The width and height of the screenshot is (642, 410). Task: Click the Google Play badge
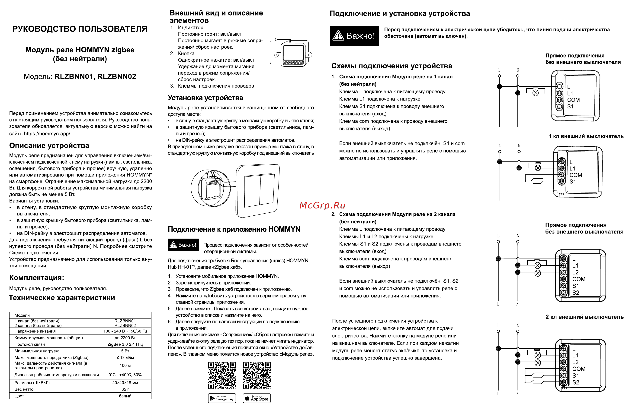point(222,398)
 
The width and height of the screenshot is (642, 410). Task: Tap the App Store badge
point(257,398)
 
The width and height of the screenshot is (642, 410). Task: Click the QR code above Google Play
point(222,375)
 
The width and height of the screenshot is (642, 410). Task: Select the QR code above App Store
point(257,375)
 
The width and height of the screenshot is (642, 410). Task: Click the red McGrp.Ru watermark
point(322,205)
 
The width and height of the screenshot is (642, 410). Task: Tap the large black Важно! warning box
point(354,36)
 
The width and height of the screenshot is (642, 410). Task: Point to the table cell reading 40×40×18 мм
point(125,383)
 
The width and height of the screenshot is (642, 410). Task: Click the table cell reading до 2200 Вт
point(125,337)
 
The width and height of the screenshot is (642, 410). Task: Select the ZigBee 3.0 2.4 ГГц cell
point(125,344)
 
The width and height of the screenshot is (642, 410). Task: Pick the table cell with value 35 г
point(125,389)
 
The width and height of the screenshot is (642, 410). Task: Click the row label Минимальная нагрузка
point(37,351)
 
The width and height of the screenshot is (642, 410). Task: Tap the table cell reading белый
point(125,396)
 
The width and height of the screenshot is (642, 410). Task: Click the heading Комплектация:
point(36,278)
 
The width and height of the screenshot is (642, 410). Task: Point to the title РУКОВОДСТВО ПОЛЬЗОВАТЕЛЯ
point(80,29)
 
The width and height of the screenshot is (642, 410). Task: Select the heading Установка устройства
point(205,98)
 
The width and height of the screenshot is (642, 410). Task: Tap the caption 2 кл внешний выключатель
point(585,317)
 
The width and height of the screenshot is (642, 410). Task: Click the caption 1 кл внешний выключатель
point(586,136)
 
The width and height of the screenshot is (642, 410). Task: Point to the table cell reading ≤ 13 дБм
point(125,358)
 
